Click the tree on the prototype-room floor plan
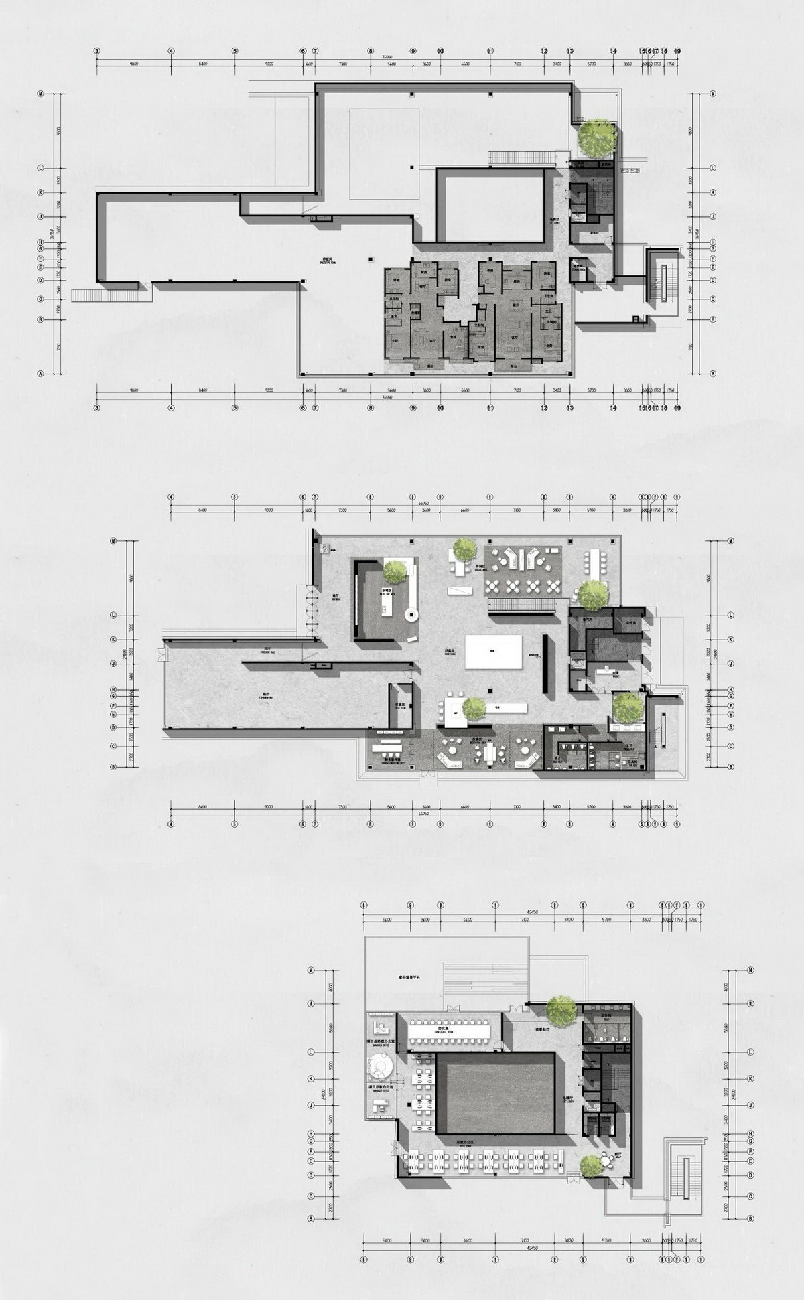(596, 137)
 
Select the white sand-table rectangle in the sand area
(494, 652)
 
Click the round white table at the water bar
(411, 615)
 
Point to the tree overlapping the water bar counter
(395, 572)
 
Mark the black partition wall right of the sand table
(546, 663)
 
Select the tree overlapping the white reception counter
(474, 708)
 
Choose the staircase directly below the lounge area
(521, 605)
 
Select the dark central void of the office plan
(495, 1092)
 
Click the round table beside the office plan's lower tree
(606, 1161)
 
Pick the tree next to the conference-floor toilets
(561, 1011)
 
